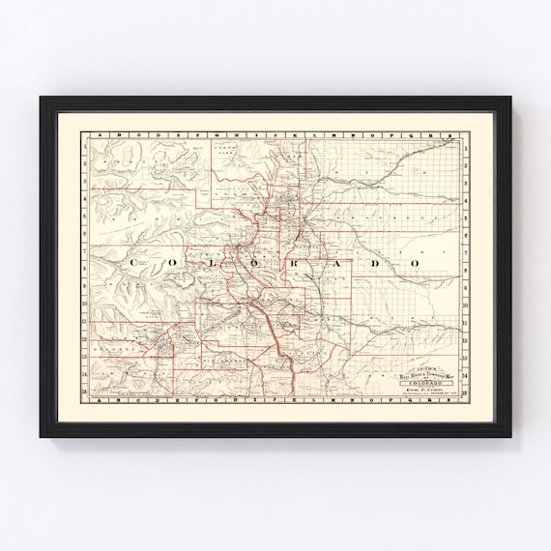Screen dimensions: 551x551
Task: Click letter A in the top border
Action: (x=87, y=135)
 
